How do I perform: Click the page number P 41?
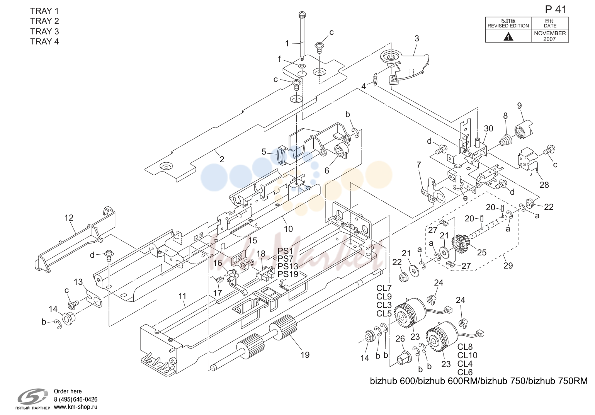(556, 10)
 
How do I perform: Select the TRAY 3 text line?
(44, 31)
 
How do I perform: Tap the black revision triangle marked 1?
(508, 37)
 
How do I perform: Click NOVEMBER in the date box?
(550, 33)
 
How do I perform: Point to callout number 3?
(417, 39)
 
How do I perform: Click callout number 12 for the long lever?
(69, 218)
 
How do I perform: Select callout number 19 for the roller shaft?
(305, 355)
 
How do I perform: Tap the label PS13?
(288, 266)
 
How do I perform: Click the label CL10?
(467, 355)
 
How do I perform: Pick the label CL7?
(384, 288)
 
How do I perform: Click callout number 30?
(488, 129)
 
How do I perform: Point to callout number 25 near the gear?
(481, 252)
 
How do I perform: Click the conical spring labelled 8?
(505, 140)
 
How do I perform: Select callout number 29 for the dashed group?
(508, 266)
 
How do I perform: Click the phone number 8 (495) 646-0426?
(75, 399)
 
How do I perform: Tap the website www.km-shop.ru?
(76, 407)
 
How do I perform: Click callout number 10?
(289, 229)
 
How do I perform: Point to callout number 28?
(544, 185)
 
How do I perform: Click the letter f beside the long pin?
(279, 59)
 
